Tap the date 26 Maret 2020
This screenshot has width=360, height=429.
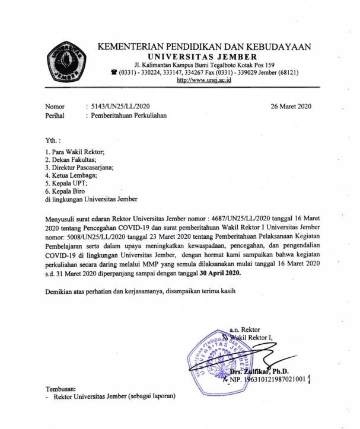pyautogui.click(x=291, y=107)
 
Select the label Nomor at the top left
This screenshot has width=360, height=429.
pyautogui.click(x=56, y=107)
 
